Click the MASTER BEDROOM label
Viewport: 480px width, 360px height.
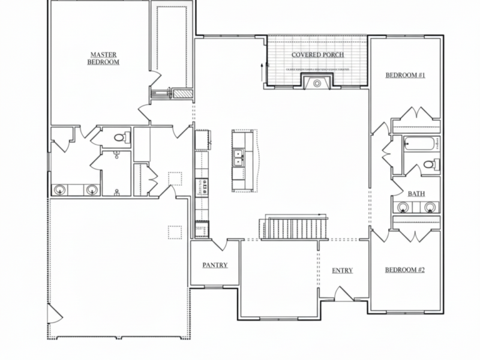click(103, 58)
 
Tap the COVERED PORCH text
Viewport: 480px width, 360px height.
click(317, 55)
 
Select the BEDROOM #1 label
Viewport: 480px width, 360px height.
click(405, 75)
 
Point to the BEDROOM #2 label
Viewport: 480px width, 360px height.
click(405, 270)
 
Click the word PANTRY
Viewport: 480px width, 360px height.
click(215, 265)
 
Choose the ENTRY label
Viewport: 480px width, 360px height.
click(342, 271)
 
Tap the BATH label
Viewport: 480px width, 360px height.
click(416, 194)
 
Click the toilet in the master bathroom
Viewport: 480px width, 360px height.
click(122, 139)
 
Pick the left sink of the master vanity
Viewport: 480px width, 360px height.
click(59, 190)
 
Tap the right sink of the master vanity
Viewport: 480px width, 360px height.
click(92, 190)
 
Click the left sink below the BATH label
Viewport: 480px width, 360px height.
click(403, 208)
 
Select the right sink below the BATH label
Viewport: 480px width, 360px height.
click(430, 208)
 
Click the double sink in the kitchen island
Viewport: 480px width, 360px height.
click(239, 157)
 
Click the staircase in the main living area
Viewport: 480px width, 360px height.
click(294, 228)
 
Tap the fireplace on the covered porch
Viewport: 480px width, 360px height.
click(316, 83)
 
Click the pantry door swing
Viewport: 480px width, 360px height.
click(219, 244)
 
